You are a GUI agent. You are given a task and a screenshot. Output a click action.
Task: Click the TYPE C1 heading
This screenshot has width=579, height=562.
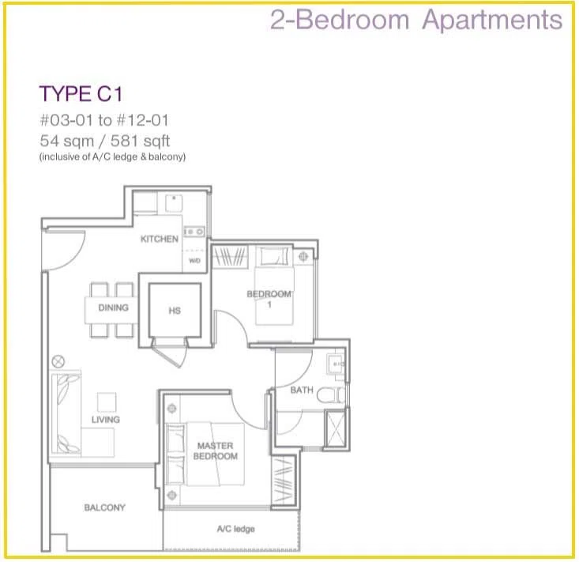[x=81, y=93]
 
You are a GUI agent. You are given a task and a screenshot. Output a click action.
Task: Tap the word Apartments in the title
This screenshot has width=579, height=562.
[x=492, y=20]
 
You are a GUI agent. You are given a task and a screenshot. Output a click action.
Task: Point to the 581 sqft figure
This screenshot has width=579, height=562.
[x=141, y=141]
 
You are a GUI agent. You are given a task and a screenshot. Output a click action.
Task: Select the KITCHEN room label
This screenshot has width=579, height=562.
[x=159, y=239]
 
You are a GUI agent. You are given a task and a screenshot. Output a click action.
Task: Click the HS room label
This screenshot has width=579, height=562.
[x=175, y=311]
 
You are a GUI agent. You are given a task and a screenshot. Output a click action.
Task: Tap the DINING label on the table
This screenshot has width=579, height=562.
[x=114, y=307]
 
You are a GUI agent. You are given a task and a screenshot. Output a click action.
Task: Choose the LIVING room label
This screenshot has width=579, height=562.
[x=106, y=420]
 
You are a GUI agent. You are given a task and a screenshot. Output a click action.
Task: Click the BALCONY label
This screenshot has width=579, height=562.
[x=105, y=507]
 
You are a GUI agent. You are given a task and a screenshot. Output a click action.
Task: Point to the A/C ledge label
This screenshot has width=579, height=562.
[x=236, y=529]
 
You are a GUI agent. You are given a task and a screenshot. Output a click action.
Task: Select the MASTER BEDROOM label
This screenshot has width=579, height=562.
[x=216, y=451]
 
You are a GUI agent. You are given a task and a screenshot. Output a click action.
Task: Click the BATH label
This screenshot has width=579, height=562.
[x=302, y=390]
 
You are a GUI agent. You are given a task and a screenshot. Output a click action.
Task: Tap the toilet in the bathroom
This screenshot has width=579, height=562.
[x=331, y=395]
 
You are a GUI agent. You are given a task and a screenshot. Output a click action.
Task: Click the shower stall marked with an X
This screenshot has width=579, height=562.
[x=335, y=428]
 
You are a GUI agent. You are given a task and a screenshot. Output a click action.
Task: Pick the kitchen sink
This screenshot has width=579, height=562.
[x=174, y=203]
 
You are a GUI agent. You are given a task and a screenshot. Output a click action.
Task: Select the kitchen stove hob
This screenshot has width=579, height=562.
[x=194, y=232]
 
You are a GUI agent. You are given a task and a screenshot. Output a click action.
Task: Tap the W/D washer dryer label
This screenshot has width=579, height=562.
[x=194, y=261]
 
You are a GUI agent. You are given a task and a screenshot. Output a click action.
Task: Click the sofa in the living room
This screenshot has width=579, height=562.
[x=66, y=414]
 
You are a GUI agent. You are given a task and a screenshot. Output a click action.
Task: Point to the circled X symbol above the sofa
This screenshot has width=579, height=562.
[x=58, y=361]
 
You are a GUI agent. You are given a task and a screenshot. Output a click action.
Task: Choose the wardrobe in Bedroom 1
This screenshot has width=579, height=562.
[x=230, y=256]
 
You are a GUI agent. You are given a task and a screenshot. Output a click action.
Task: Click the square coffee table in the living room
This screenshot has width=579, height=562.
[x=107, y=402]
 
